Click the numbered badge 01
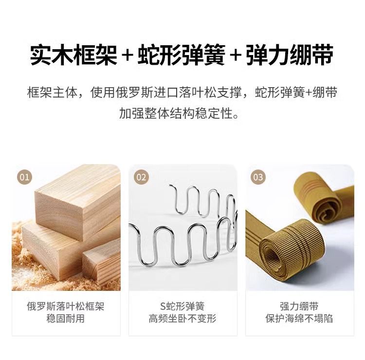pos(24,177)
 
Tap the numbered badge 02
pos(141,177)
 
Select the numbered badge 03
pos(258,177)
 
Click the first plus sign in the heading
pos(127,56)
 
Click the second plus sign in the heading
pos(236,56)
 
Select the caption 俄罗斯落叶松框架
pos(66,306)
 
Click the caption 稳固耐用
pos(66,318)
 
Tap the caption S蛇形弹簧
pos(182,306)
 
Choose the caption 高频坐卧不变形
pos(182,318)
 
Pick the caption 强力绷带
pos(299,306)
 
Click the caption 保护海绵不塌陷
pos(299,318)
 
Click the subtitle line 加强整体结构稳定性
pos(179,113)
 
